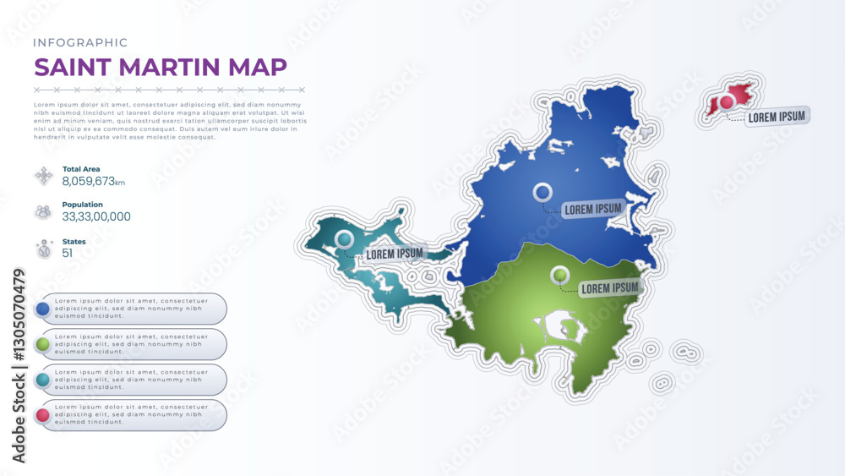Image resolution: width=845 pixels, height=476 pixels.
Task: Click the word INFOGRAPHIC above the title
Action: (x=80, y=42)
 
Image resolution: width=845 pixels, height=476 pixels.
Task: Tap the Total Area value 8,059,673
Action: (x=89, y=181)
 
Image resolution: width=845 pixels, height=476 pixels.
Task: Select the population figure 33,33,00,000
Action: (x=96, y=216)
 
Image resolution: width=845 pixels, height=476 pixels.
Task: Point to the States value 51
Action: (x=68, y=253)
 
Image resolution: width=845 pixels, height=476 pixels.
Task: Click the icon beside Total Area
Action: (x=43, y=176)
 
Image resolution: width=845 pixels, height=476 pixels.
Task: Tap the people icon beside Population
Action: (x=43, y=211)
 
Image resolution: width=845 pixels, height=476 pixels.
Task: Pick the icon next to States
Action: (x=43, y=249)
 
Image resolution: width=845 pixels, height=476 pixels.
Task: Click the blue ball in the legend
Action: (x=42, y=309)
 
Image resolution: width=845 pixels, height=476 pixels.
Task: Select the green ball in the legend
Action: (x=42, y=344)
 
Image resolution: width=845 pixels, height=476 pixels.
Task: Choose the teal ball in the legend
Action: (x=42, y=380)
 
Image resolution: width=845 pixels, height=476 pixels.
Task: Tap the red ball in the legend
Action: (x=42, y=415)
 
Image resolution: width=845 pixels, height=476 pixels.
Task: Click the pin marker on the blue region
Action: (x=542, y=193)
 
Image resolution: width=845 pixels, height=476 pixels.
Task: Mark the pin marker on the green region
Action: (x=559, y=275)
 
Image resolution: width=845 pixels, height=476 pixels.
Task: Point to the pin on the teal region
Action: (x=344, y=241)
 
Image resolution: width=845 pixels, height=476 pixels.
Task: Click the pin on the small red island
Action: (x=726, y=102)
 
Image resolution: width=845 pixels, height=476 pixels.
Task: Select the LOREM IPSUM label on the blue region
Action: (x=593, y=208)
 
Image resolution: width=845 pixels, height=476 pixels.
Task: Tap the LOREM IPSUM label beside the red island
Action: (x=777, y=117)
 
